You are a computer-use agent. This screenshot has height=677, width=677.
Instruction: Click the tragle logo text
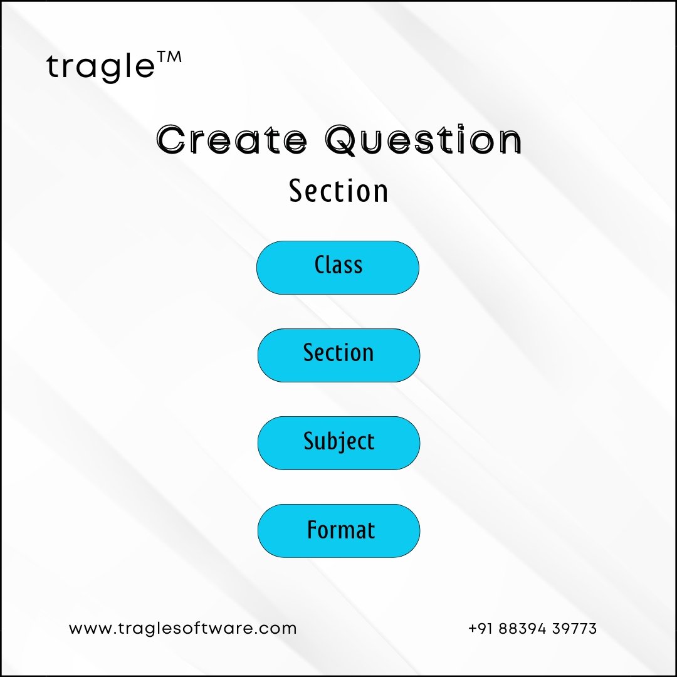[100, 67]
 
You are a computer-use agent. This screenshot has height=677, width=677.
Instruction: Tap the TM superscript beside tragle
[169, 57]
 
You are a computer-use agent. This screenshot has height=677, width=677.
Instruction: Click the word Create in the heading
[232, 140]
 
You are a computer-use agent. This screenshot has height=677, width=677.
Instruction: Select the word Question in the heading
[424, 140]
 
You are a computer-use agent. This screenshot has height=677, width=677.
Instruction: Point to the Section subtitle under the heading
[338, 191]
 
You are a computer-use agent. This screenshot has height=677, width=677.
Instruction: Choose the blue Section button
[338, 355]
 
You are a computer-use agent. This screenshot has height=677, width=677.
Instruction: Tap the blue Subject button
[338, 443]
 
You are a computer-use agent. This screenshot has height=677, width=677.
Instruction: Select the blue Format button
[338, 531]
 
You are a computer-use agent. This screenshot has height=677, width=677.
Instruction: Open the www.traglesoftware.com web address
[182, 628]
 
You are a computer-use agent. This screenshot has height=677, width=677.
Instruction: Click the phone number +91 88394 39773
[532, 628]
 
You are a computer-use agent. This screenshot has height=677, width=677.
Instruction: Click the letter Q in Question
[342, 140]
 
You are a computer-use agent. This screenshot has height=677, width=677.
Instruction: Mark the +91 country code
[481, 629]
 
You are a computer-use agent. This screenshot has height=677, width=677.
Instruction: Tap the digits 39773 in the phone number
[574, 629]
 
